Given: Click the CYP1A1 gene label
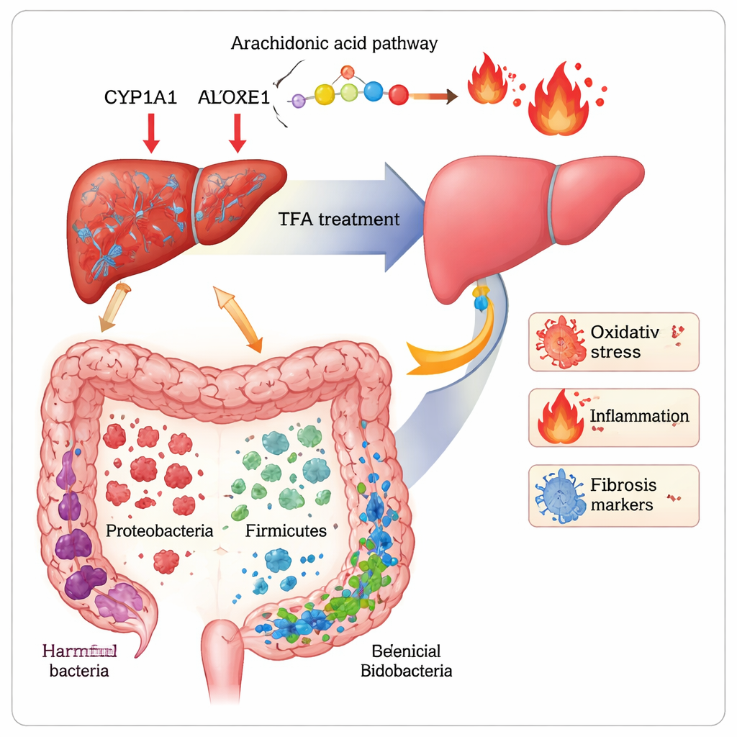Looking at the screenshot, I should (x=136, y=99).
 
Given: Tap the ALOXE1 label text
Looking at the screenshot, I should (x=233, y=99).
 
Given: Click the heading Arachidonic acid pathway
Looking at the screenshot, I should (x=334, y=43).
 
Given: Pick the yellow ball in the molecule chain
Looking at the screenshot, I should (x=325, y=94).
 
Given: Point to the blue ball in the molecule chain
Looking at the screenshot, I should (x=373, y=91).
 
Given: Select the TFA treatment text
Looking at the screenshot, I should (x=338, y=219).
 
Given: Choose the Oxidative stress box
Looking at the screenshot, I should (x=613, y=342).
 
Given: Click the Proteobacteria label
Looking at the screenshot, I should (x=159, y=531).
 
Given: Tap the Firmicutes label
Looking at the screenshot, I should (x=286, y=531).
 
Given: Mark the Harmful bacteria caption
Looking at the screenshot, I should (x=80, y=661).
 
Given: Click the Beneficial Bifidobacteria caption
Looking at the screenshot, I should (x=407, y=661).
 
